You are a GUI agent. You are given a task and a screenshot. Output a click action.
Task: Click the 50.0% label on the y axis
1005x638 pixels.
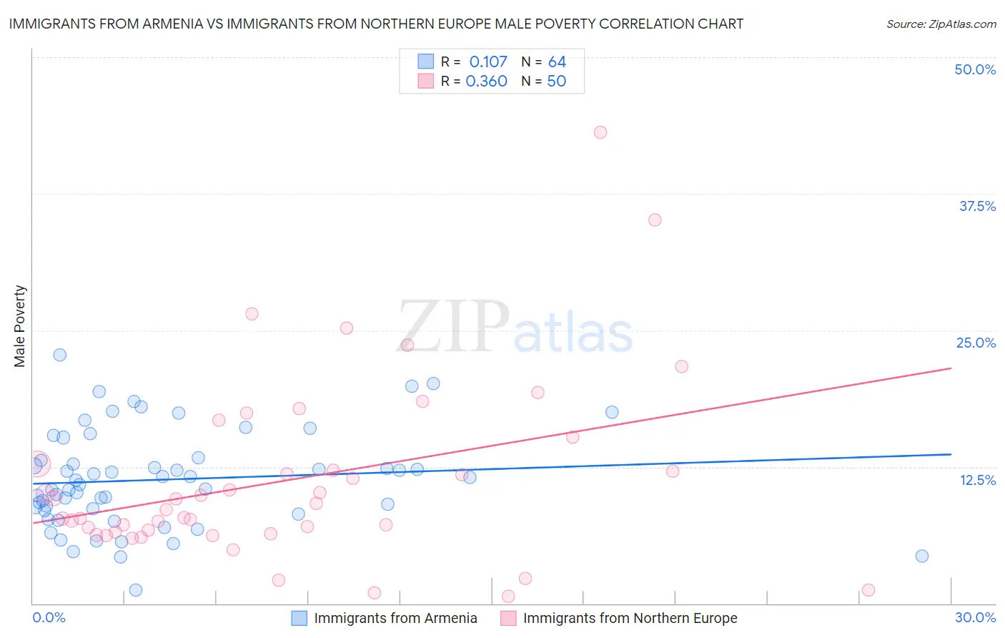(974, 69)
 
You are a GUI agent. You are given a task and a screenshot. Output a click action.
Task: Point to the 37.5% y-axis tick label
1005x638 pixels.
(976, 206)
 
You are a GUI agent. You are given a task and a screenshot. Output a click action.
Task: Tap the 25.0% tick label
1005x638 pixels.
(975, 343)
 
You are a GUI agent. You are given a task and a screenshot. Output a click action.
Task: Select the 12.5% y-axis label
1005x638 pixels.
(977, 480)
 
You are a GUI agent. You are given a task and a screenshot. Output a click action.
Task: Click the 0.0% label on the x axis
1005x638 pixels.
(49, 617)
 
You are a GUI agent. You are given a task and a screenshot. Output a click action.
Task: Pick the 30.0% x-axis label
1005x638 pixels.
(975, 617)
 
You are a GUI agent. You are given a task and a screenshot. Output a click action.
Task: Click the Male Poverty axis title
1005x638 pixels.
(20, 326)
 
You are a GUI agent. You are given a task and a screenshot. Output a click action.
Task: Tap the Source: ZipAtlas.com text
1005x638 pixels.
(941, 24)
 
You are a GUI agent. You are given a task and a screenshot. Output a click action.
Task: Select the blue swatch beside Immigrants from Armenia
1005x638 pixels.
(299, 618)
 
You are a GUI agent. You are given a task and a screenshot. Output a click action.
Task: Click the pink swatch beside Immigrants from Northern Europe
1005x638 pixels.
(508, 618)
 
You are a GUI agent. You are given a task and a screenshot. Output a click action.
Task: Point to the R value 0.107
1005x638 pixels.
(487, 62)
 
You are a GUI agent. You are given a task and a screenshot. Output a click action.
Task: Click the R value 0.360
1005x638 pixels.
(486, 82)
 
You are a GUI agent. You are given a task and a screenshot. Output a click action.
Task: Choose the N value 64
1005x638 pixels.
(557, 62)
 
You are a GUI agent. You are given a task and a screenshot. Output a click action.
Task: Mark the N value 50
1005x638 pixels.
(556, 82)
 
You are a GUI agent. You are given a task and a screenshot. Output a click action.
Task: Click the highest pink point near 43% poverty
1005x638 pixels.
(600, 132)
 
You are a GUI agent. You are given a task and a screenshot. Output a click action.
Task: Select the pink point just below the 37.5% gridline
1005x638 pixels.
(655, 220)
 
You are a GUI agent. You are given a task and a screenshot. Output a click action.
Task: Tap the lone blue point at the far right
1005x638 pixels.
(922, 556)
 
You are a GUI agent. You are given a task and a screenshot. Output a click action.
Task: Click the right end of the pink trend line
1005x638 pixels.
(951, 368)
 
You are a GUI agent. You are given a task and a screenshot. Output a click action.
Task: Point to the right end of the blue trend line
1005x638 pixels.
(951, 454)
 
